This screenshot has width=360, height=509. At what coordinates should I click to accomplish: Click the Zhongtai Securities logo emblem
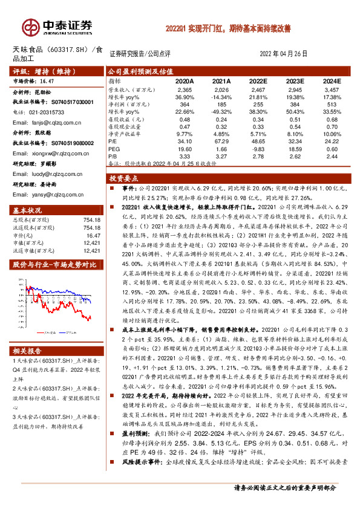point(30,27)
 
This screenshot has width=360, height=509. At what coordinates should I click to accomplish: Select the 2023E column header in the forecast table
point(295,80)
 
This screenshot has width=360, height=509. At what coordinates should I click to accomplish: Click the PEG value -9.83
point(259,148)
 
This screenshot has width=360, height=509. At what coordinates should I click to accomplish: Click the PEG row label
point(114,148)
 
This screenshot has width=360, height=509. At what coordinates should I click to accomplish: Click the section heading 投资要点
point(125,179)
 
